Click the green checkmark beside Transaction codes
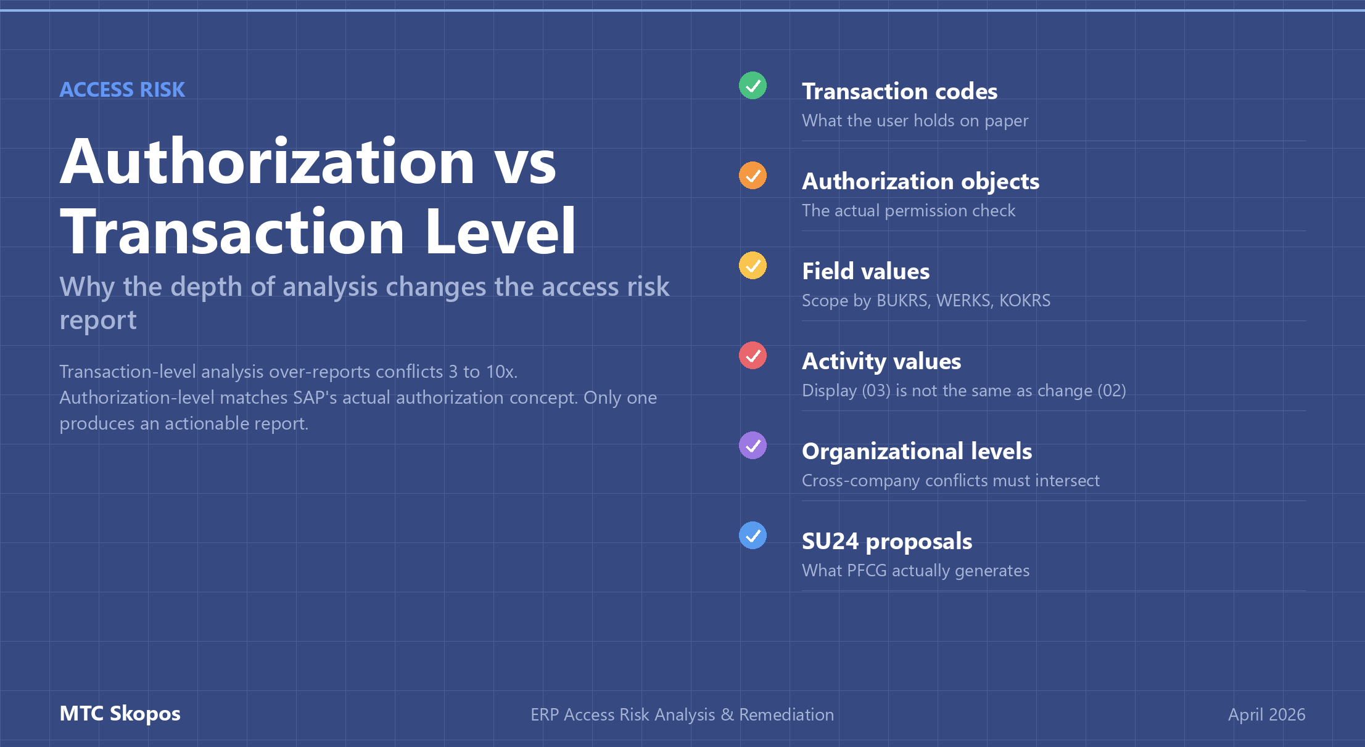[x=753, y=86]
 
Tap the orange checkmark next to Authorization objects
[x=753, y=176]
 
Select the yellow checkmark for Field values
[x=753, y=266]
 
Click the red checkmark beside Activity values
[x=753, y=356]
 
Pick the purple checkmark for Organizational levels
[x=753, y=446]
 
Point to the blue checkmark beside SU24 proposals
[x=753, y=536]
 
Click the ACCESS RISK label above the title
[x=122, y=90]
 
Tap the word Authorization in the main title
[x=267, y=161]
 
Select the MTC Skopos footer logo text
[x=120, y=714]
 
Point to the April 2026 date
[x=1266, y=714]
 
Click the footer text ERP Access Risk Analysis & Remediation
[x=682, y=714]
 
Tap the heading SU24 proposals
[x=886, y=541]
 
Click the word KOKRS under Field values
[x=1025, y=301]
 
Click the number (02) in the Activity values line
[x=1111, y=391]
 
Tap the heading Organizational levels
[x=917, y=451]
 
